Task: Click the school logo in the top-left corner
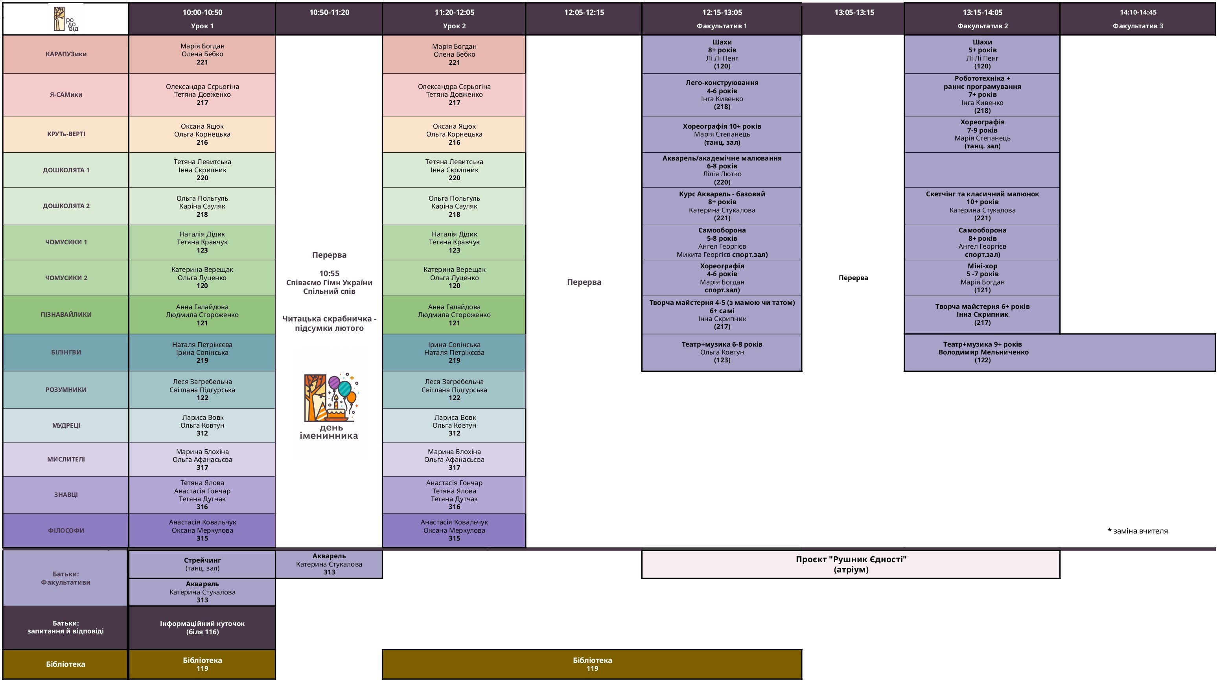66,19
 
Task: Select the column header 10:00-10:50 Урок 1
202,19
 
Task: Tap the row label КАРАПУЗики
66,54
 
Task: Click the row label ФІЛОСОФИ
66,530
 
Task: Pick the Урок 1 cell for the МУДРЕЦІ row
202,425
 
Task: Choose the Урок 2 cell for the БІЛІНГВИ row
454,353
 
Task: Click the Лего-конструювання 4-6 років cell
722,94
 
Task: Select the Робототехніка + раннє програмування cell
982,94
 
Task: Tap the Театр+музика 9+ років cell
983,352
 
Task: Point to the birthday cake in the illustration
336,412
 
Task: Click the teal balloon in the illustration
345,389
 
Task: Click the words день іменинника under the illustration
329,432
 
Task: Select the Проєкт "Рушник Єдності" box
851,564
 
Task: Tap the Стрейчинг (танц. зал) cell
202,564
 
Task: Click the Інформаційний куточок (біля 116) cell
202,628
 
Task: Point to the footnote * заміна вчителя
1138,531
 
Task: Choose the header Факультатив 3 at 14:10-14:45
1138,19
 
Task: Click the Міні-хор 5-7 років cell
982,278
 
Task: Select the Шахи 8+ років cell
722,54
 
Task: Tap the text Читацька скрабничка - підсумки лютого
329,323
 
